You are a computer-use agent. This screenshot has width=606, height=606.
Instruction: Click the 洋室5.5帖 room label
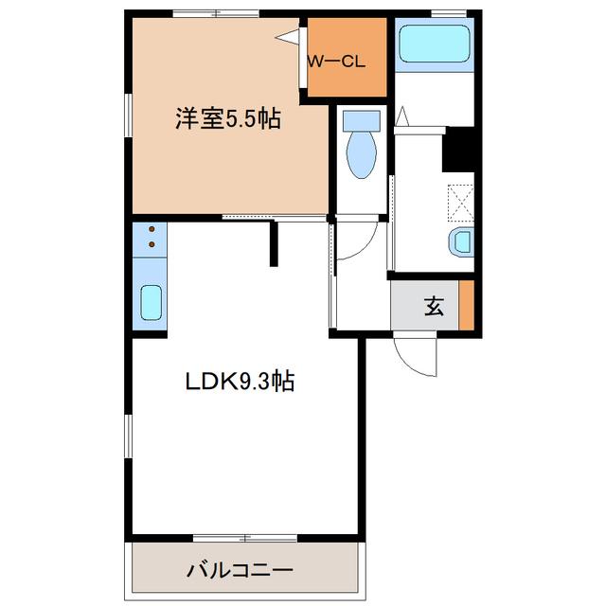(x=228, y=118)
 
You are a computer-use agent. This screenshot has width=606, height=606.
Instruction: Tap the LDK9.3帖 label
(x=240, y=381)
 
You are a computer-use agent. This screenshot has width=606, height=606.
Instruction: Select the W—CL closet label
(x=336, y=62)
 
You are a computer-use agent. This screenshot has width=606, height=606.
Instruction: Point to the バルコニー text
(x=240, y=570)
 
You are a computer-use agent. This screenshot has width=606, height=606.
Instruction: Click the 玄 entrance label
(x=434, y=307)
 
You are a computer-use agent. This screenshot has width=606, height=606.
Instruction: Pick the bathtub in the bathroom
(x=435, y=44)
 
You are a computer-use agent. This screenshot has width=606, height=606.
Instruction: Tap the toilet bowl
(x=362, y=154)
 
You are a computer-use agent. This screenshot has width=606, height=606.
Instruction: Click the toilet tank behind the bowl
(x=362, y=120)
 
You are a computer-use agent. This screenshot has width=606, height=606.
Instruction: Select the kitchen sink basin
(x=151, y=303)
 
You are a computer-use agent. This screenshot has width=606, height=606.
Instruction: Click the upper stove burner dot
(x=151, y=229)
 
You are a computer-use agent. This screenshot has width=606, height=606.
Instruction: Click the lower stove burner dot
(x=151, y=244)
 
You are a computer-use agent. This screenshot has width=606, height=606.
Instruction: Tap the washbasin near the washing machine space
(x=461, y=242)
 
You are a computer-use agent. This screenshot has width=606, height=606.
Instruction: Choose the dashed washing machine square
(x=461, y=203)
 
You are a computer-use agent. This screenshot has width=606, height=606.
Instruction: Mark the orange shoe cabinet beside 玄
(x=467, y=305)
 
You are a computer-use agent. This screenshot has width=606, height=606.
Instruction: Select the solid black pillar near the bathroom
(x=458, y=150)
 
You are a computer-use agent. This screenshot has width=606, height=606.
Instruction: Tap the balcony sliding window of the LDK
(x=245, y=538)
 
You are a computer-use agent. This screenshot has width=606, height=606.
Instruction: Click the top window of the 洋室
(x=216, y=13)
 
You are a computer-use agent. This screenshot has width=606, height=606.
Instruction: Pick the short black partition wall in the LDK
(x=274, y=243)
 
